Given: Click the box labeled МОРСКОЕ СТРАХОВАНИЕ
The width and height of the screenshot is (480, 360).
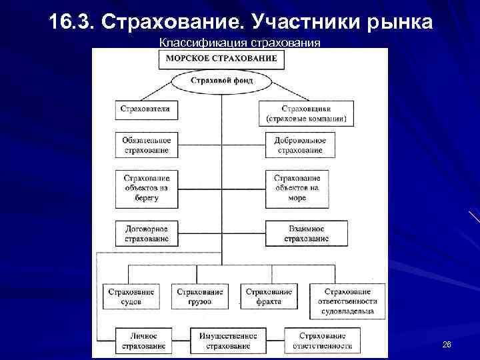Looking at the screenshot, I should click(221, 58).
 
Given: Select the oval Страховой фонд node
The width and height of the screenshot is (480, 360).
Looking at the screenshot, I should click(221, 81).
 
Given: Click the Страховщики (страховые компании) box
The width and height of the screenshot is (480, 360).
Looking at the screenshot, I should click(307, 113).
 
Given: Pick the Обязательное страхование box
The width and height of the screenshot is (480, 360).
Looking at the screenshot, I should click(147, 145).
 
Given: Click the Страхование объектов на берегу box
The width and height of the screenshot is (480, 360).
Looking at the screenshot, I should click(147, 188).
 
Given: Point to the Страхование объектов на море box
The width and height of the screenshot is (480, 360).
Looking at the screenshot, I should click(297, 188).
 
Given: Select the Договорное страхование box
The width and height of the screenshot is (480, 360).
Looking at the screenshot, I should click(147, 233).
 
